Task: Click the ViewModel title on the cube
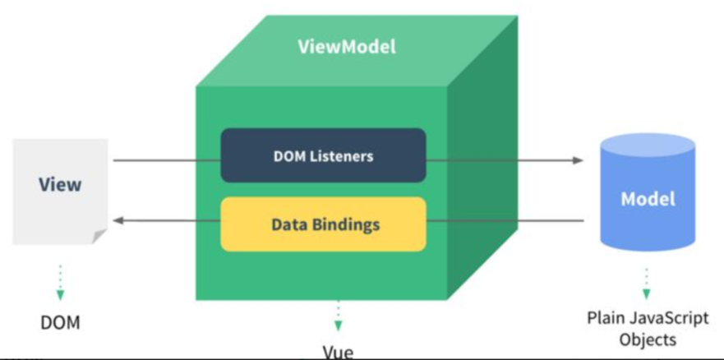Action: click(x=347, y=47)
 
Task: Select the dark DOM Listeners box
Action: click(x=323, y=155)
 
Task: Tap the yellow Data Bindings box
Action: click(x=323, y=224)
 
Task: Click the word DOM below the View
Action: click(x=61, y=322)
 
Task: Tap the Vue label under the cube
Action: click(x=338, y=353)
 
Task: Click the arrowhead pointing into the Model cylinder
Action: click(x=578, y=160)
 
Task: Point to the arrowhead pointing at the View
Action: click(x=118, y=220)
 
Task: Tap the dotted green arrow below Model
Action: click(x=647, y=283)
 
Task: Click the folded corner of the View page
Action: click(x=99, y=237)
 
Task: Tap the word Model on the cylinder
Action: click(x=648, y=199)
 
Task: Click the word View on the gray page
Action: click(x=60, y=184)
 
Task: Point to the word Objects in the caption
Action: click(x=648, y=339)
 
